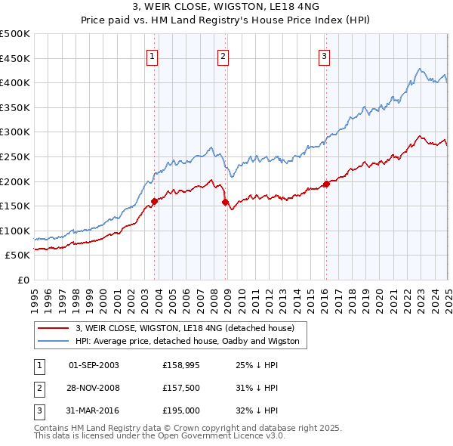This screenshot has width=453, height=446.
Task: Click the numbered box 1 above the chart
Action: point(153,55)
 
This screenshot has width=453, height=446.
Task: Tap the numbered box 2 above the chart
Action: point(223,55)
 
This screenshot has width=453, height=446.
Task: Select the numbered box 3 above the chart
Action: point(324,55)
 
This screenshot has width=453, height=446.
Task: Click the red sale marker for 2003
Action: point(154,201)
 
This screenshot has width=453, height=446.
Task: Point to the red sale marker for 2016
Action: point(326,184)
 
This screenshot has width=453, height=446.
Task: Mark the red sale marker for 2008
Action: point(226,202)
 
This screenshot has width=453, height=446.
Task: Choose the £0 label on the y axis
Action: point(23,280)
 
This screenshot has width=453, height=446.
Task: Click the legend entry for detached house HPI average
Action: point(187,341)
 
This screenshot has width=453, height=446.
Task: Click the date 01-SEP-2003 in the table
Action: point(94,365)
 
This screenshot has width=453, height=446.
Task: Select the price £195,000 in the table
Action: point(181,410)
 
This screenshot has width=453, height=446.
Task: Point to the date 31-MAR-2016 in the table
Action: point(94,410)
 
